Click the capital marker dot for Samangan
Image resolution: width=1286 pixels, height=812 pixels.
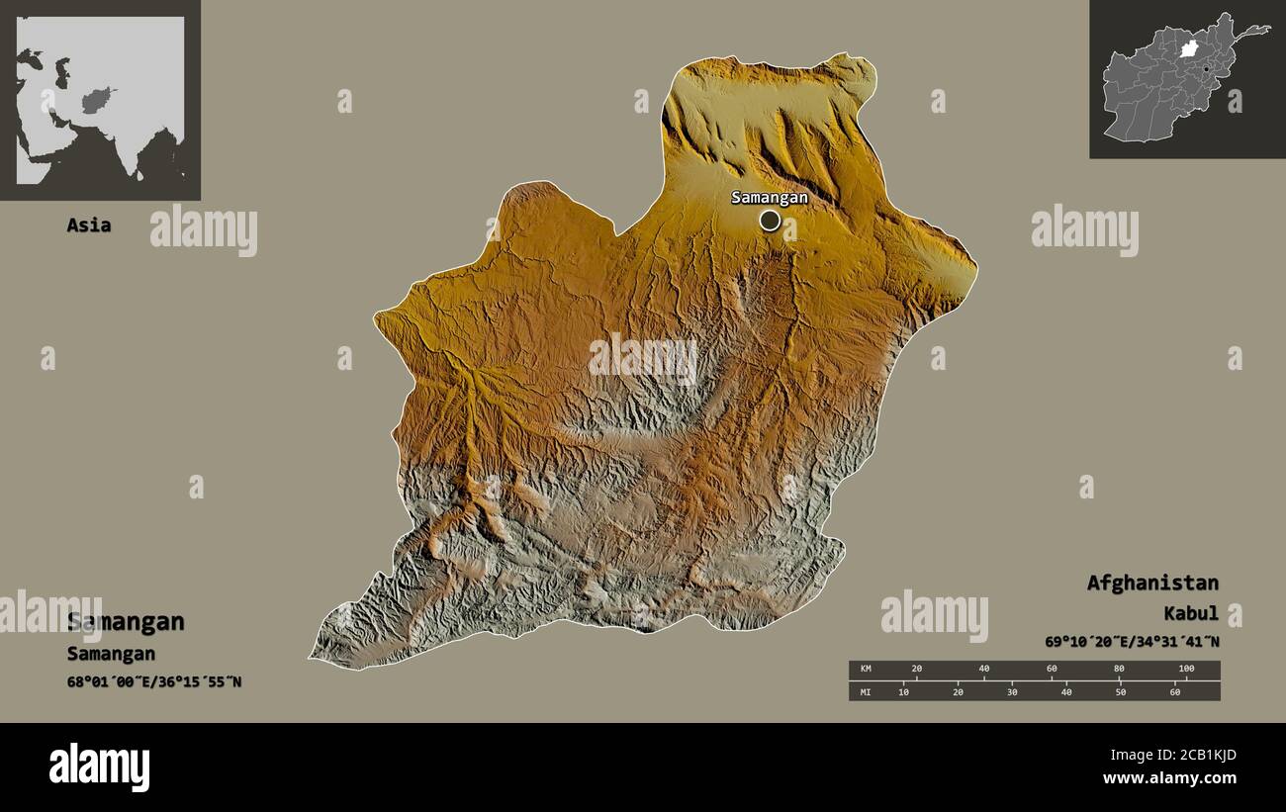pos(770,221)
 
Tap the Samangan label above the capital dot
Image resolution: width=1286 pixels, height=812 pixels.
pos(769,197)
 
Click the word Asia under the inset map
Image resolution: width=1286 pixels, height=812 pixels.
pos(88,226)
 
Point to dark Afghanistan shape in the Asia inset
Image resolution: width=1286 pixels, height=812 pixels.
pos(97,100)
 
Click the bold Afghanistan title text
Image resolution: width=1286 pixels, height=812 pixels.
pos(1152,583)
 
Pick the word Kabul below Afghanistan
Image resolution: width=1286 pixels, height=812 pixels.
pos(1191,614)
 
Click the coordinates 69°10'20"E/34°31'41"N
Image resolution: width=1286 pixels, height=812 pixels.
pos(1132,642)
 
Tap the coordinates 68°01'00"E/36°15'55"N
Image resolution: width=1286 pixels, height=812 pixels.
pos(154,681)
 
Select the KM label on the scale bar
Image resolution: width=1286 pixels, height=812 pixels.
pos(865,670)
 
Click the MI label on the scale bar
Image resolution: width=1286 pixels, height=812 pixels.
pos(865,691)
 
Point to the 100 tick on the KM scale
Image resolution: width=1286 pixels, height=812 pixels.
pos(1186,670)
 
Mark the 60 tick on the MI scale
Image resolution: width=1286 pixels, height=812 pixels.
pos(1174,691)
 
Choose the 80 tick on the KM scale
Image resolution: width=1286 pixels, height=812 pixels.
pos(1119,670)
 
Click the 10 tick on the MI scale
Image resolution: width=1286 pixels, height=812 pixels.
pos(903,691)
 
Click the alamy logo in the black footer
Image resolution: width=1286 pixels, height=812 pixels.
pos(99,767)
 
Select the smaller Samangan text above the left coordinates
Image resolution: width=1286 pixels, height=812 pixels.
pos(111,654)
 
